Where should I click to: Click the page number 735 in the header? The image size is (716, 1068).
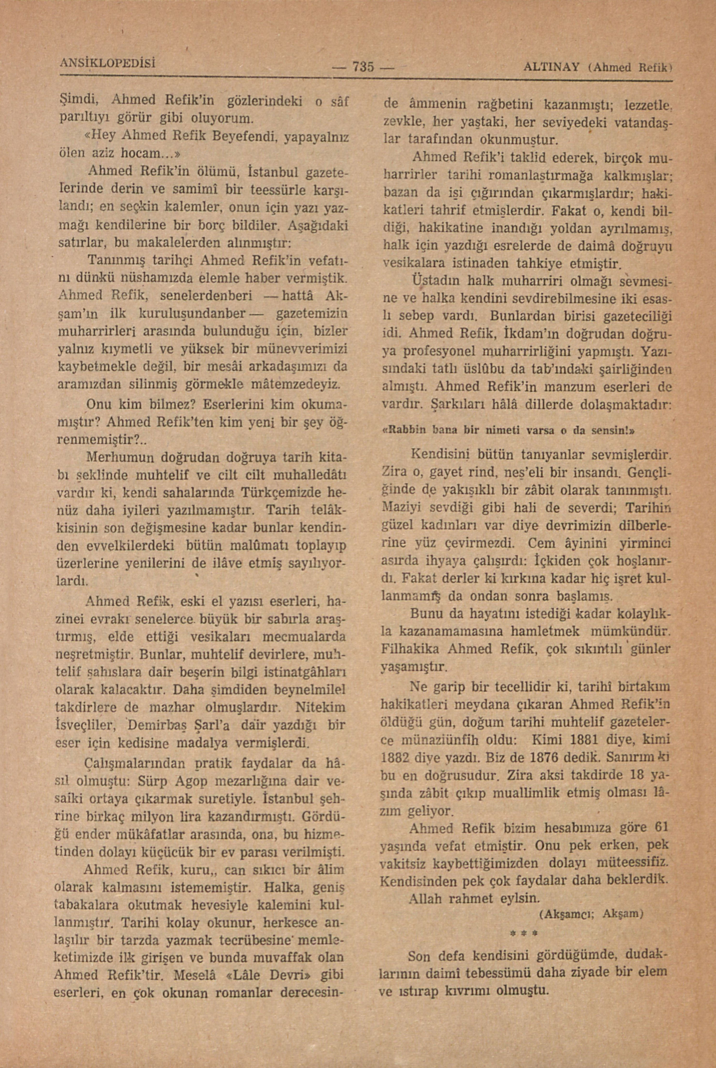pos(363,67)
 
